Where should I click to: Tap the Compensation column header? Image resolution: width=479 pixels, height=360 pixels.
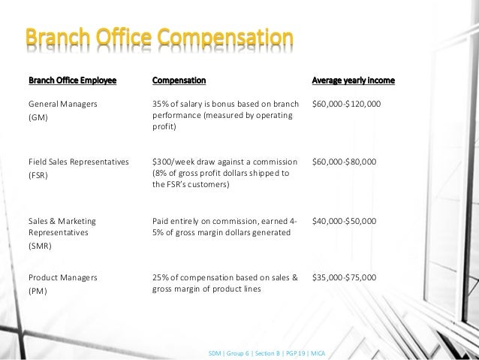coord(179,80)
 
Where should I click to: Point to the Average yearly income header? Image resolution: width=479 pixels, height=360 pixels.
coord(353,80)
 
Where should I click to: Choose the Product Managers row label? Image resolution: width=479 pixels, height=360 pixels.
coord(63,277)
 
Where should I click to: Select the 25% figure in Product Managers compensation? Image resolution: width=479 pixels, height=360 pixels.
coord(161,277)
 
